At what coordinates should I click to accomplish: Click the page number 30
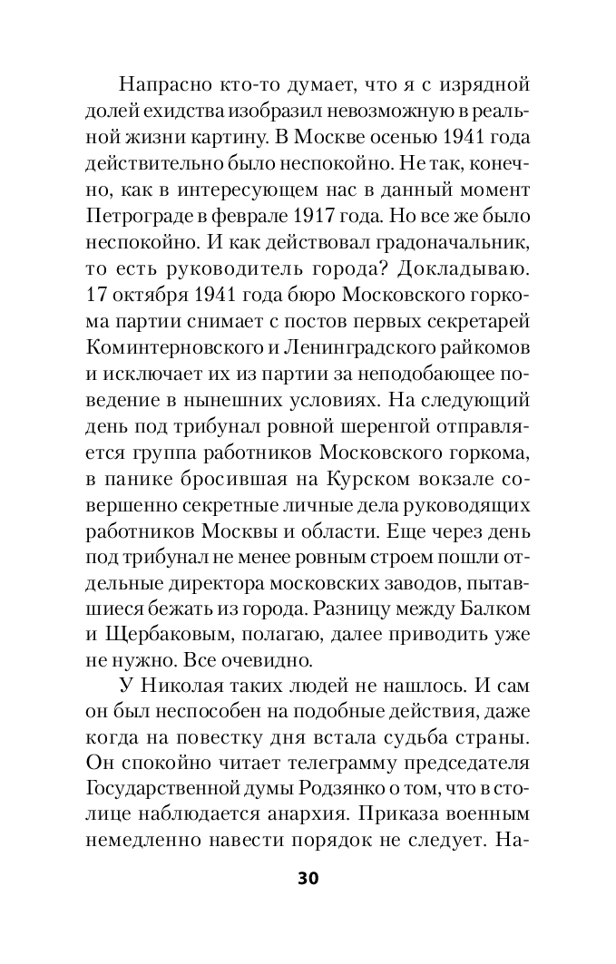[308, 878]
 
